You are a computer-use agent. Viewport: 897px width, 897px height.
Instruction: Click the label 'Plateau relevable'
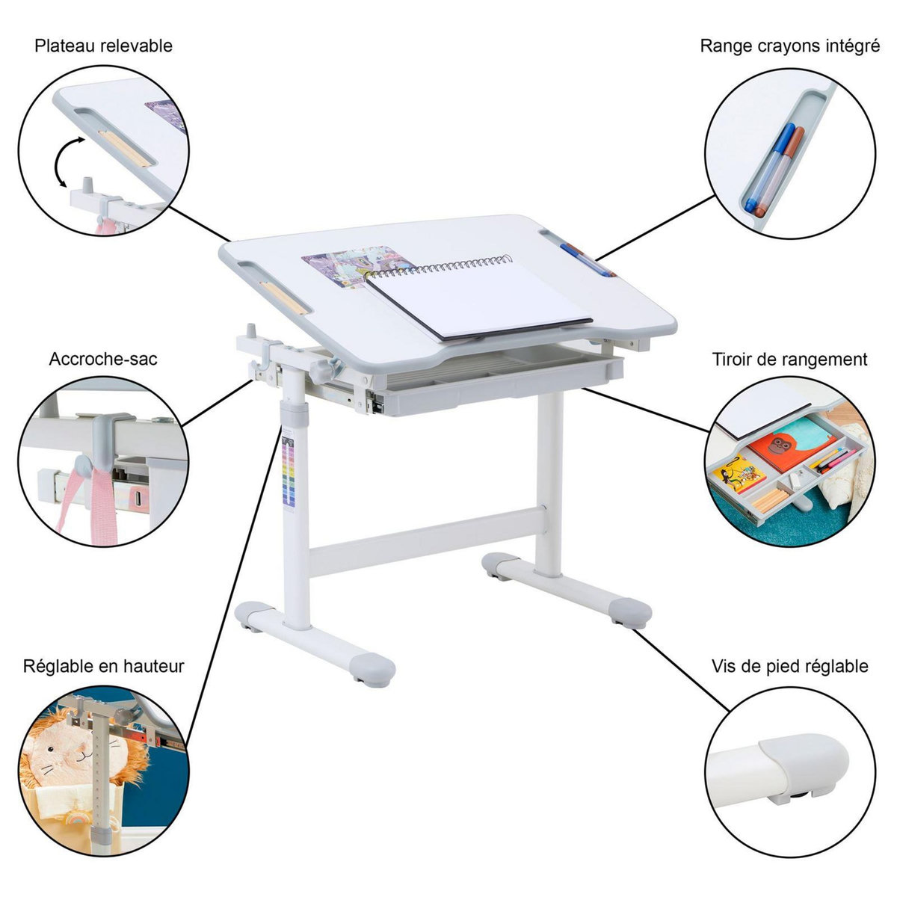103,46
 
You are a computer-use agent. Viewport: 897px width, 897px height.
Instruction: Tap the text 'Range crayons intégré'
789,46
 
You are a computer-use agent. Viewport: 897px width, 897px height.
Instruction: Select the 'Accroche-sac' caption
103,359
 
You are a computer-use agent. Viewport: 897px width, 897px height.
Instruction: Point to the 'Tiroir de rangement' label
789,359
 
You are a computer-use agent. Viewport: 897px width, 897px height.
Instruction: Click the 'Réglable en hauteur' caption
103,665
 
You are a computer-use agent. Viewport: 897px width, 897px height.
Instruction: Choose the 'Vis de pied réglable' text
789,665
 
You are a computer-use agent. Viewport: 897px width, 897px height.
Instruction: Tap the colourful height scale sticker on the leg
289,475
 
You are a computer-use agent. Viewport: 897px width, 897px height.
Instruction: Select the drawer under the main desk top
501,381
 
